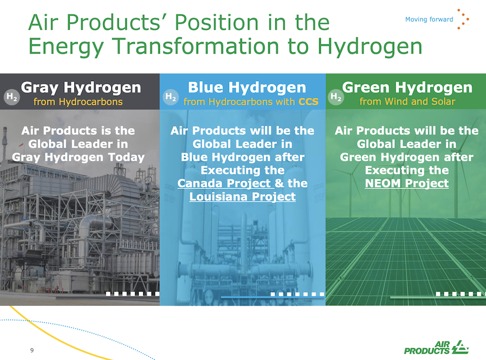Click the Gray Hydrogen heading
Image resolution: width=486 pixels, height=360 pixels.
click(81, 88)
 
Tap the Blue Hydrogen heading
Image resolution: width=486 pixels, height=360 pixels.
click(247, 88)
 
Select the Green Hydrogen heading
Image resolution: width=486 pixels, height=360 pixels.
click(407, 88)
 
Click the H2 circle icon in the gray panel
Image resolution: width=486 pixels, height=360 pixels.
click(12, 97)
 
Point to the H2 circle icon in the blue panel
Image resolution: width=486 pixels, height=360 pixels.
click(171, 97)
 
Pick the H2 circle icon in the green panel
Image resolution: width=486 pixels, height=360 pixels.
click(336, 97)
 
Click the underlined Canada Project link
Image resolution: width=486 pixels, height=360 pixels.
click(226, 183)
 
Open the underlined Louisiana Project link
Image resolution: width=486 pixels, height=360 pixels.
click(242, 197)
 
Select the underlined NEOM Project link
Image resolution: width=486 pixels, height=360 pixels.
click(407, 183)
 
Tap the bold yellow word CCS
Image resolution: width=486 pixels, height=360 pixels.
click(308, 102)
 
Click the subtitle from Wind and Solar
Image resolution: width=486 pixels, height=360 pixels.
click(407, 102)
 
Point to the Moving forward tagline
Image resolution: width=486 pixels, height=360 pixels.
click(429, 19)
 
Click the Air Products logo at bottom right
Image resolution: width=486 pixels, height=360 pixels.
click(436, 347)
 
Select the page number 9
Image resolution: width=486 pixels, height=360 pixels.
click(32, 350)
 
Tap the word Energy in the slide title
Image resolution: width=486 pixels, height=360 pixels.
click(66, 46)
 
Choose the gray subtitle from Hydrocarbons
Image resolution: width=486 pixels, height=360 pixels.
click(78, 102)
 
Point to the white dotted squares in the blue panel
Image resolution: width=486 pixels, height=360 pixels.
click(297, 294)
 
